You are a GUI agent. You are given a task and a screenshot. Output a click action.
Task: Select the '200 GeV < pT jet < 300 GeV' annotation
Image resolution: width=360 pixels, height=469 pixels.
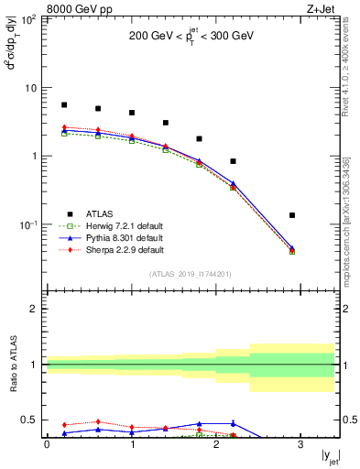[x=192, y=38]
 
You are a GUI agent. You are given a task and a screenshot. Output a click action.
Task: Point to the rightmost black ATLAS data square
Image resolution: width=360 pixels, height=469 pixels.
[x=292, y=215]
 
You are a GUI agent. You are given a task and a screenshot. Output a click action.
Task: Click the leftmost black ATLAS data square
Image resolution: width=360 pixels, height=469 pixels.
[x=64, y=105]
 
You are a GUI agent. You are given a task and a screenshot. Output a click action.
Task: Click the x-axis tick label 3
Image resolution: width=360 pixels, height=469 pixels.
[x=300, y=444]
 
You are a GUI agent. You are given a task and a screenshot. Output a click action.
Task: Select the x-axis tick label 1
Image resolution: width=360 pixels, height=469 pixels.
[x=132, y=444]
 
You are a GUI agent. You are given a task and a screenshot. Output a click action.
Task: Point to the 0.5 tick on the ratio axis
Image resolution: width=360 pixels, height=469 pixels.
[x=33, y=420]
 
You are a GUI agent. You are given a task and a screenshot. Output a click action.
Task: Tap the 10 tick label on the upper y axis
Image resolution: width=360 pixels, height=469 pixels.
[x=33, y=88]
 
